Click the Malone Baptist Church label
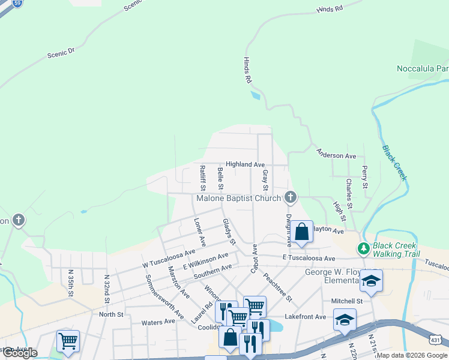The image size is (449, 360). point(239,198)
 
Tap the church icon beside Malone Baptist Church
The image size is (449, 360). point(291,196)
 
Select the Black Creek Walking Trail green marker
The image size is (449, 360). point(363,248)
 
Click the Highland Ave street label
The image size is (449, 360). point(245,164)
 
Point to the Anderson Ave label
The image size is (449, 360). point(336,155)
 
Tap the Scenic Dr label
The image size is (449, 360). point(61,53)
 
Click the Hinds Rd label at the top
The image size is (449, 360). point(329,10)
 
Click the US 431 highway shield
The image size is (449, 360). point(439,340)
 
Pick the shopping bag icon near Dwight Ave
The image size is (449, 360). point(303,232)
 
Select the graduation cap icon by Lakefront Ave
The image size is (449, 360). point(345,319)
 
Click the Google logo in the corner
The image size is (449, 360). point(19,353)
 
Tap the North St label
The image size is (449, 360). point(111,314)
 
